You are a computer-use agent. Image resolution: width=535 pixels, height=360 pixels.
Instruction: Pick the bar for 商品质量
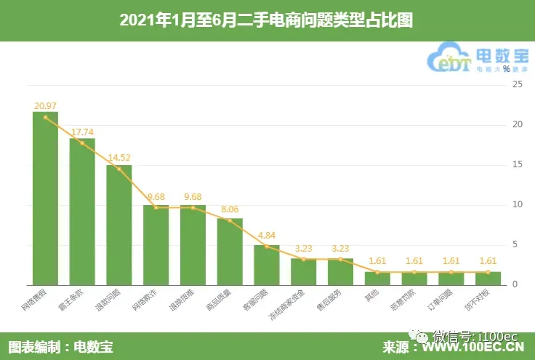point(230,251)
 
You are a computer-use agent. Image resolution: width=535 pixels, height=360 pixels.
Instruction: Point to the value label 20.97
point(45,106)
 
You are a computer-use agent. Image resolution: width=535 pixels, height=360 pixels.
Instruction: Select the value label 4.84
point(267,236)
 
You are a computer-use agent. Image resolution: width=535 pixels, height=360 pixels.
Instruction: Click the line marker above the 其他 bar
point(378,272)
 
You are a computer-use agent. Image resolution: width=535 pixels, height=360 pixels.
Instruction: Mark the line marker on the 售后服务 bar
point(341,259)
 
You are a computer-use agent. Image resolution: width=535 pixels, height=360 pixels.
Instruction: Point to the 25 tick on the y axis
point(518,84)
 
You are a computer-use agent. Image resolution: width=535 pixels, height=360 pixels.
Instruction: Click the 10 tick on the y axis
point(518,204)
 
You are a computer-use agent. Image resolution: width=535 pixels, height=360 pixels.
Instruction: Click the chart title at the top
point(267,20)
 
